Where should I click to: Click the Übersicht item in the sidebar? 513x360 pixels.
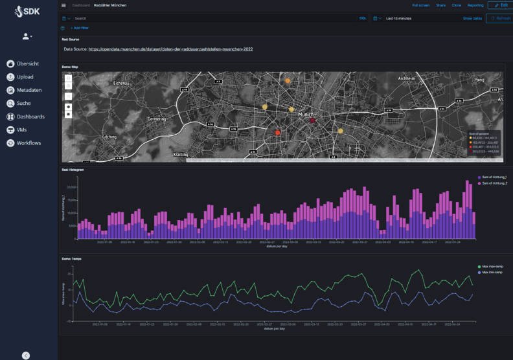coord(27,63)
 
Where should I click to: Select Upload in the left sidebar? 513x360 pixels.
coord(25,77)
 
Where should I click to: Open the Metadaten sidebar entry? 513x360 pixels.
coord(29,90)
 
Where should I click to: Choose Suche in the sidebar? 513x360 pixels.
coord(23,103)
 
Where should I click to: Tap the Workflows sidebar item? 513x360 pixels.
coord(28,142)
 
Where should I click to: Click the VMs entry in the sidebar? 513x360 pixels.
coord(22,129)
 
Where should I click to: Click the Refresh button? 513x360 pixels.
coord(500,18)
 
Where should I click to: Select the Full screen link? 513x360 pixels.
coord(420,5)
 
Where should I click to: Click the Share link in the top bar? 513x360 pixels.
coord(440,5)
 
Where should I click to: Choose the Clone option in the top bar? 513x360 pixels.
coord(457,5)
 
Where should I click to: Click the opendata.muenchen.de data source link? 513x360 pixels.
coord(170,49)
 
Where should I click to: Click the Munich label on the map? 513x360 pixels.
coord(306,114)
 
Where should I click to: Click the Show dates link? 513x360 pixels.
coord(472,18)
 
